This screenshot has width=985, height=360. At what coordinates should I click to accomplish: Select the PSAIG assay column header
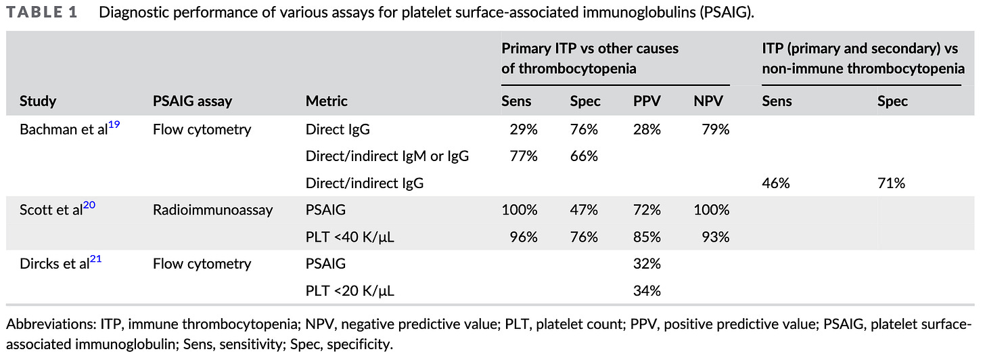(x=192, y=102)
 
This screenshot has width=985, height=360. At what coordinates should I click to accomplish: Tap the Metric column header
(x=327, y=102)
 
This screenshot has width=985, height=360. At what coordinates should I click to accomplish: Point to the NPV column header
(x=708, y=102)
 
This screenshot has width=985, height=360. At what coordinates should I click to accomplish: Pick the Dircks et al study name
(x=54, y=264)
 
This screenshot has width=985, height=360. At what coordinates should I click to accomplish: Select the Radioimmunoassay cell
(x=212, y=210)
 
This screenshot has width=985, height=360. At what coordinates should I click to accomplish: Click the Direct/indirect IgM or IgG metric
(x=388, y=156)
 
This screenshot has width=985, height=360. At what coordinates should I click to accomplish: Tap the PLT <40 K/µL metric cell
(x=350, y=238)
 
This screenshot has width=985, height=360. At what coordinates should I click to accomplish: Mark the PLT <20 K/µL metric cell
(x=350, y=292)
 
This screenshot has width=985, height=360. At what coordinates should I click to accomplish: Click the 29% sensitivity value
(x=523, y=129)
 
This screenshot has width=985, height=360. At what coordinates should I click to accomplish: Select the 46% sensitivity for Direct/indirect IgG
(x=775, y=183)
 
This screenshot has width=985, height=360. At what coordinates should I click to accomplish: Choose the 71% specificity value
(x=891, y=183)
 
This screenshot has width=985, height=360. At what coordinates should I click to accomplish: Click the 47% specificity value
(x=584, y=210)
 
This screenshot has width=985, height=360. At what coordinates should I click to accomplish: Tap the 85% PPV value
(x=647, y=238)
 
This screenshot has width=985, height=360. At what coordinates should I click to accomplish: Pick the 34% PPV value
(x=647, y=292)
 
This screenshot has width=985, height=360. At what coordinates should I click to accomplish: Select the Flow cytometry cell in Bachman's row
(x=202, y=129)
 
